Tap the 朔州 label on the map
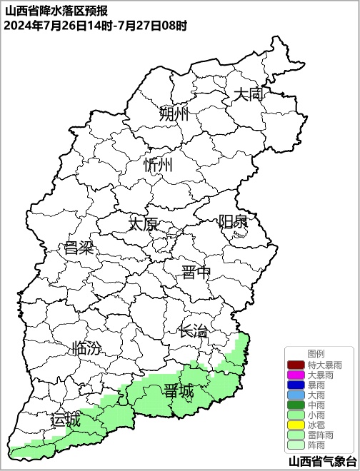[x=174, y=113]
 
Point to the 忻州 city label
[x=158, y=165]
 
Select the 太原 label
[x=143, y=223]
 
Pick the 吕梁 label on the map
[x=79, y=248]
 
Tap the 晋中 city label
[x=196, y=272]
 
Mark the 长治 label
[x=194, y=331]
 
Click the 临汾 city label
[x=86, y=349]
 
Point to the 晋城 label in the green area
[x=178, y=391]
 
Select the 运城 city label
[x=65, y=420]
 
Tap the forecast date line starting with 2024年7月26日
[x=95, y=26]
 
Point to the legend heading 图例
[x=316, y=354]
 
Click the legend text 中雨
[x=316, y=405]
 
